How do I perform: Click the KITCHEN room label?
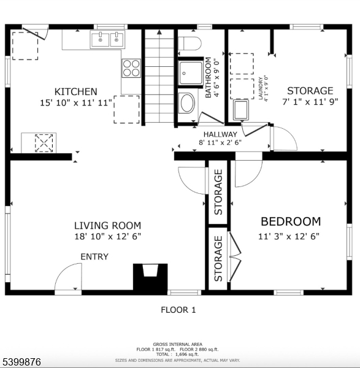[75, 91]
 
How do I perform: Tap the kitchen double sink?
[108, 40]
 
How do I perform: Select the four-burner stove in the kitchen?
[131, 67]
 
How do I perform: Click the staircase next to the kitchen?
[159, 76]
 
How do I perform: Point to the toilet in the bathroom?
[190, 44]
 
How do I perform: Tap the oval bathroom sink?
[186, 102]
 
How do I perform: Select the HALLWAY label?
[220, 134]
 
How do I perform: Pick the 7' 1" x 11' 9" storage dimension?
[310, 102]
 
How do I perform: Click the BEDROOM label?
[290, 221]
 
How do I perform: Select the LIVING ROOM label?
[107, 226]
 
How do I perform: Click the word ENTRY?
[94, 256]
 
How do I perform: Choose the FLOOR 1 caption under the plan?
[178, 310]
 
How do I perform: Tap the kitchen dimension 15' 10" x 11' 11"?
[75, 103]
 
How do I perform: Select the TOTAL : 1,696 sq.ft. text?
[178, 355]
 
